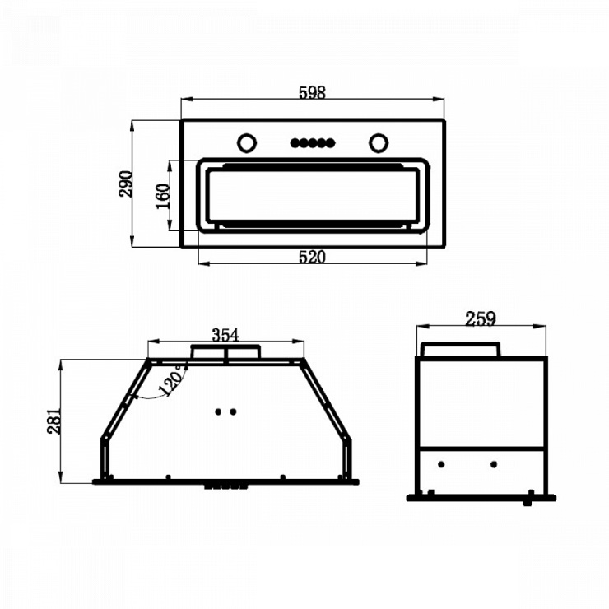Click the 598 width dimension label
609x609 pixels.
pos(312,92)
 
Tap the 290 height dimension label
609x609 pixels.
pos(125,184)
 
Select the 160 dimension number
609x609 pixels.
pos(163,196)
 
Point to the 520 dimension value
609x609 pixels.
pos(312,257)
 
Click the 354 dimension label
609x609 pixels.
pos(225,335)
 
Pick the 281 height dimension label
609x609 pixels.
pos(54,421)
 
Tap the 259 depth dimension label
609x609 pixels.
pos(481,318)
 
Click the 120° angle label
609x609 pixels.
pos(173,380)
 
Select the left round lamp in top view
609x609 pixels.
pos(247,143)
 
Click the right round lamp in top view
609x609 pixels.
pos(379,143)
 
